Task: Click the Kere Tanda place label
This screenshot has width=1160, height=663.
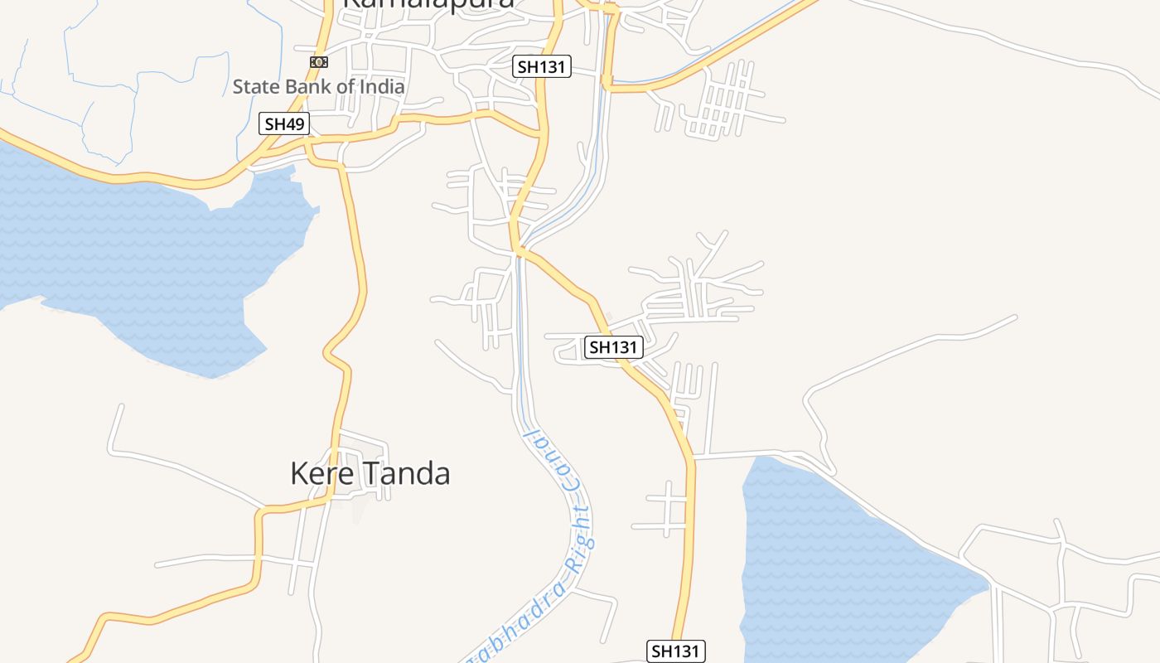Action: [370, 473]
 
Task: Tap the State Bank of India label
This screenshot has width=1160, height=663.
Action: [318, 86]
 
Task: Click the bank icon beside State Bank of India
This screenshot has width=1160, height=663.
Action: [319, 62]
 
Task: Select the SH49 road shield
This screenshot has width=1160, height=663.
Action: [283, 124]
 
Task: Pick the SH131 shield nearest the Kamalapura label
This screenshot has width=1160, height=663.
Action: [542, 67]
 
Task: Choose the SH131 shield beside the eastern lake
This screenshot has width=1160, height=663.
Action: [675, 651]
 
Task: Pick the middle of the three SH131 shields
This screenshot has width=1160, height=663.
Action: [613, 347]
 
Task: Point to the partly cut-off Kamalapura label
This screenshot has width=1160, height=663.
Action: [428, 4]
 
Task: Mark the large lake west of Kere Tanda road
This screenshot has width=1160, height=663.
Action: [149, 257]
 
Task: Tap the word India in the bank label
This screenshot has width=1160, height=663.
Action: [383, 86]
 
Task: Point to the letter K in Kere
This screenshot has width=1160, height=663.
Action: [298, 473]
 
